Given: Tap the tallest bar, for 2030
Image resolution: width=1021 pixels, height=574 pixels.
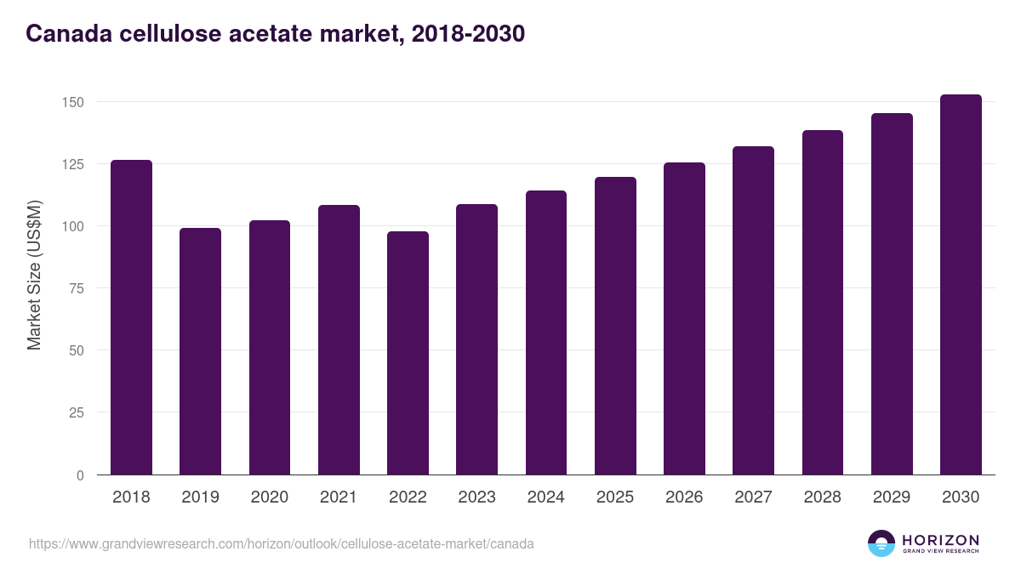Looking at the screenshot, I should click(961, 285).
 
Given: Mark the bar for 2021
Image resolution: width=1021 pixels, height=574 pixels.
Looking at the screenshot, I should click(339, 340).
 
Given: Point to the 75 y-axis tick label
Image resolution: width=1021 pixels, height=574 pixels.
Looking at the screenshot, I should click(77, 288).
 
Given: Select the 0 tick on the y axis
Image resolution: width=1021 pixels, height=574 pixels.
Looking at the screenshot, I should click(80, 475).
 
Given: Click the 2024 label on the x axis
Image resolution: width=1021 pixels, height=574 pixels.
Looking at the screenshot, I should click(545, 497).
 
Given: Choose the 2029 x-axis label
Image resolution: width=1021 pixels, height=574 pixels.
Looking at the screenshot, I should click(892, 497).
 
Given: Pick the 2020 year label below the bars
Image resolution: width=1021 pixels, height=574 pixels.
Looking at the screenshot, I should click(269, 497).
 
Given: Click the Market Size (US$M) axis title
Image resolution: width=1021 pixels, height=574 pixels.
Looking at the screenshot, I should click(34, 275).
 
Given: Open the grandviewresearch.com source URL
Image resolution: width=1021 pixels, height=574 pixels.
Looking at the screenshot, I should click(282, 543).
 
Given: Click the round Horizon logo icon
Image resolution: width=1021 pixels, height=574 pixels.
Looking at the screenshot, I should click(881, 543).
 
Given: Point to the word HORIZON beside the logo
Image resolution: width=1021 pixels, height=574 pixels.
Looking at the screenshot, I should click(940, 539).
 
